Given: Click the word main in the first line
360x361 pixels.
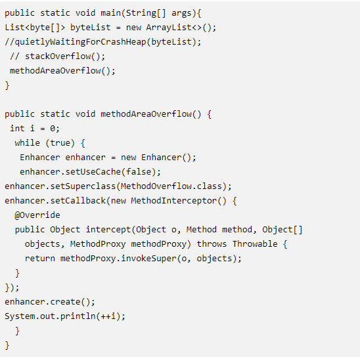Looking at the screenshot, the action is point(111,13).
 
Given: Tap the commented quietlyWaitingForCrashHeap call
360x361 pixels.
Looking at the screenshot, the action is point(102,42).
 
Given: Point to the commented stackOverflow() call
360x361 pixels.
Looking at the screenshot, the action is point(57,56).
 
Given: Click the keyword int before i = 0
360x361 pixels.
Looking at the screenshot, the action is point(17,129).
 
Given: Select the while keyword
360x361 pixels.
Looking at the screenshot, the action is point(27,142).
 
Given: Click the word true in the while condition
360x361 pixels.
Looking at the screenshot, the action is point(60,143).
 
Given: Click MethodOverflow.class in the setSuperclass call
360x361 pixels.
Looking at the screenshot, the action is point(171,186).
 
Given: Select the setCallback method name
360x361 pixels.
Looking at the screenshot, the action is point(78,201).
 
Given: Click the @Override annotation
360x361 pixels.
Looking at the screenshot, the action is point(37,215).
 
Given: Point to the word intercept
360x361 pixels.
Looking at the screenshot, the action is point(108,230).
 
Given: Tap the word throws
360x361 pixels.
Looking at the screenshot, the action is point(212,244).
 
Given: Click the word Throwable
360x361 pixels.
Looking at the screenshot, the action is point(255,244).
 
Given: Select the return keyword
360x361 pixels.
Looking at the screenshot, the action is point(40,259).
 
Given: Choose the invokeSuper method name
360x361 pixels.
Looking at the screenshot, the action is point(148,259).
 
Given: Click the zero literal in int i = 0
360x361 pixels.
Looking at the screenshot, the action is point(53,129).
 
